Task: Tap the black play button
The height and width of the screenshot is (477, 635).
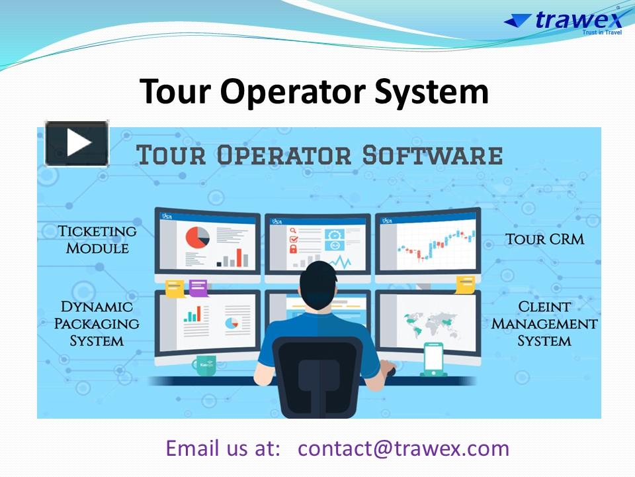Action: pos(77,143)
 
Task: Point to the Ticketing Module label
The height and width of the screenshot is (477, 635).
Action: pos(97,239)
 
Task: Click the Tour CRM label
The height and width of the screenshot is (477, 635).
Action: pos(544,238)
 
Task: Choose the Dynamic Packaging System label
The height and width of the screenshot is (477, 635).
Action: pos(97,324)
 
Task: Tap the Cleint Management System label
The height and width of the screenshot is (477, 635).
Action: pos(544,324)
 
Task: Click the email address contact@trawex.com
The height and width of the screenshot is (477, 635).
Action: pos(403,448)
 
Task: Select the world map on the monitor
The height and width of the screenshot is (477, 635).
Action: pos(431,325)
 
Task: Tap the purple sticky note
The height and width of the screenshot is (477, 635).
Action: pos(198,288)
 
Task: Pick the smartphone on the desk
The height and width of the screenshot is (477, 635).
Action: pos(433,358)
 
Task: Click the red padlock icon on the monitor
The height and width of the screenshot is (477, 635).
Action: pos(292,249)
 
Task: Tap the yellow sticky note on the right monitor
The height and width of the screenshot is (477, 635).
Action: pos(465,284)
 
